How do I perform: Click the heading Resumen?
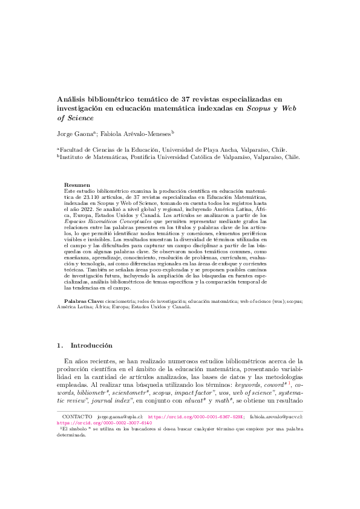coord(77,184)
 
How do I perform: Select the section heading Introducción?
coord(91,346)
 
